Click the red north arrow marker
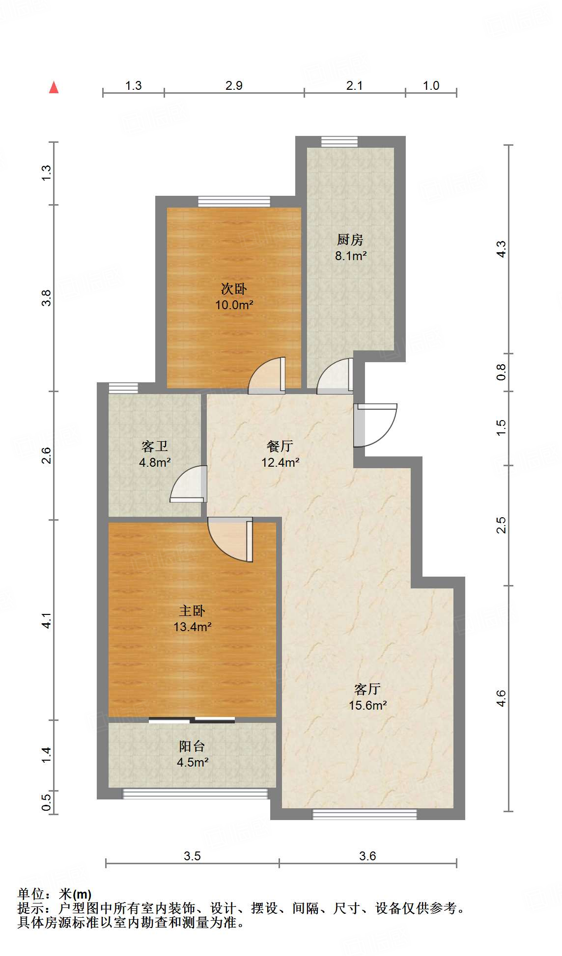54,87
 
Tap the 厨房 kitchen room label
350,239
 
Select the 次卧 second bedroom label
234,289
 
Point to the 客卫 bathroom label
155,446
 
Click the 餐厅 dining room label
280,446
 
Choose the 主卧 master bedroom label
192,611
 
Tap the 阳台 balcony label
192,746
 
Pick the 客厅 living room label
367,689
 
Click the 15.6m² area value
368,705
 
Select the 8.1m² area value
351,256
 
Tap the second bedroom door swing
267,375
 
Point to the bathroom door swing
188,484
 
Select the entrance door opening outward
375,425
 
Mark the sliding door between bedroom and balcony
192,720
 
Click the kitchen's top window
339,142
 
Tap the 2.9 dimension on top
234,85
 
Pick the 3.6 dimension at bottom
367,856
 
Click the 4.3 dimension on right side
501,249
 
